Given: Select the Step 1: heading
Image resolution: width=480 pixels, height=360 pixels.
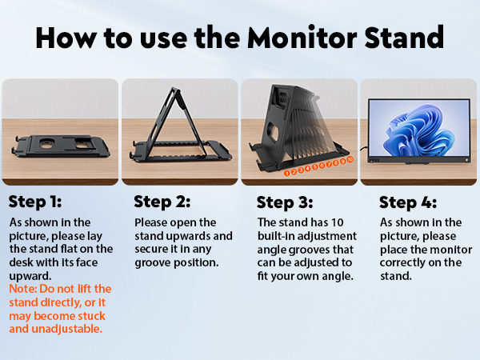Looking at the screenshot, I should (x=34, y=201).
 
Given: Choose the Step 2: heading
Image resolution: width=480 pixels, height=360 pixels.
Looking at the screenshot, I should (x=161, y=201).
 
